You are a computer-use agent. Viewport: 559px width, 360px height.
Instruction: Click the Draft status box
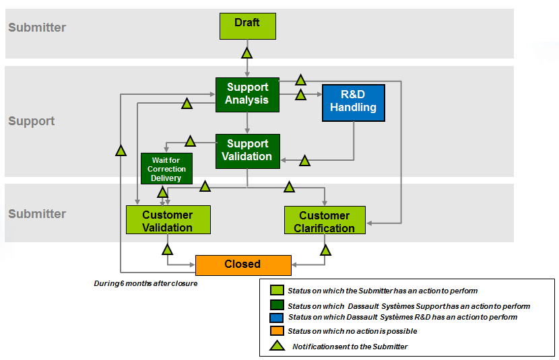pos(247,26)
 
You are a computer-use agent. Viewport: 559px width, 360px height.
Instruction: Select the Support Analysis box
pos(247,94)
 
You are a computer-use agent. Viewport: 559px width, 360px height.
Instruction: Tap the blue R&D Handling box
pos(353,102)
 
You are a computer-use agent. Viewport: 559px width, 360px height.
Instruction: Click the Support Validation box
pos(247,151)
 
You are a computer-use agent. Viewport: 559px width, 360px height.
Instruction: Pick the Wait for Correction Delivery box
pos(166,169)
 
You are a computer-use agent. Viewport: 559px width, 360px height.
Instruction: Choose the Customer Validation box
pos(168,220)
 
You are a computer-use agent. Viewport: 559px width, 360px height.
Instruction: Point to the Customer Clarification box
pos(325,221)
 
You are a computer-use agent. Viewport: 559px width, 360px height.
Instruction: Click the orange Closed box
pos(242,264)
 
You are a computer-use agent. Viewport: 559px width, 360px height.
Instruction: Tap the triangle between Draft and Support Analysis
pos(247,52)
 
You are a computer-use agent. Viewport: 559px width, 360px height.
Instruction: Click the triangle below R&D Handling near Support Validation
pos(304,161)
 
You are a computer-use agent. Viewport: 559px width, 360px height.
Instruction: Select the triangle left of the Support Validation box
pos(190,141)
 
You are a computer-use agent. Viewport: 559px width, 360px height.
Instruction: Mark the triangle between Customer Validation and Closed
pos(168,250)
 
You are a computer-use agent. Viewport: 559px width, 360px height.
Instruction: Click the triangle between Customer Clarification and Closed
pos(325,250)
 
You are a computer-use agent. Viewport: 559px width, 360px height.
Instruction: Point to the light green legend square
pos(276,291)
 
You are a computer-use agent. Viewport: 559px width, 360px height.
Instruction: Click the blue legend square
pos(276,317)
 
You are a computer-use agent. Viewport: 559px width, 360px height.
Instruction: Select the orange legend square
pos(276,331)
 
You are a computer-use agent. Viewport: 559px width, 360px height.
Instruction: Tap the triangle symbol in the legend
pos(276,346)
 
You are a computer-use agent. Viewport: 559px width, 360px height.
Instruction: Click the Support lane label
pos(32,121)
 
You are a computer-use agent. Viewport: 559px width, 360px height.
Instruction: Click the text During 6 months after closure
pos(145,283)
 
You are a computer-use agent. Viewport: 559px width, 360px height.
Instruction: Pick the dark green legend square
pos(276,305)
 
